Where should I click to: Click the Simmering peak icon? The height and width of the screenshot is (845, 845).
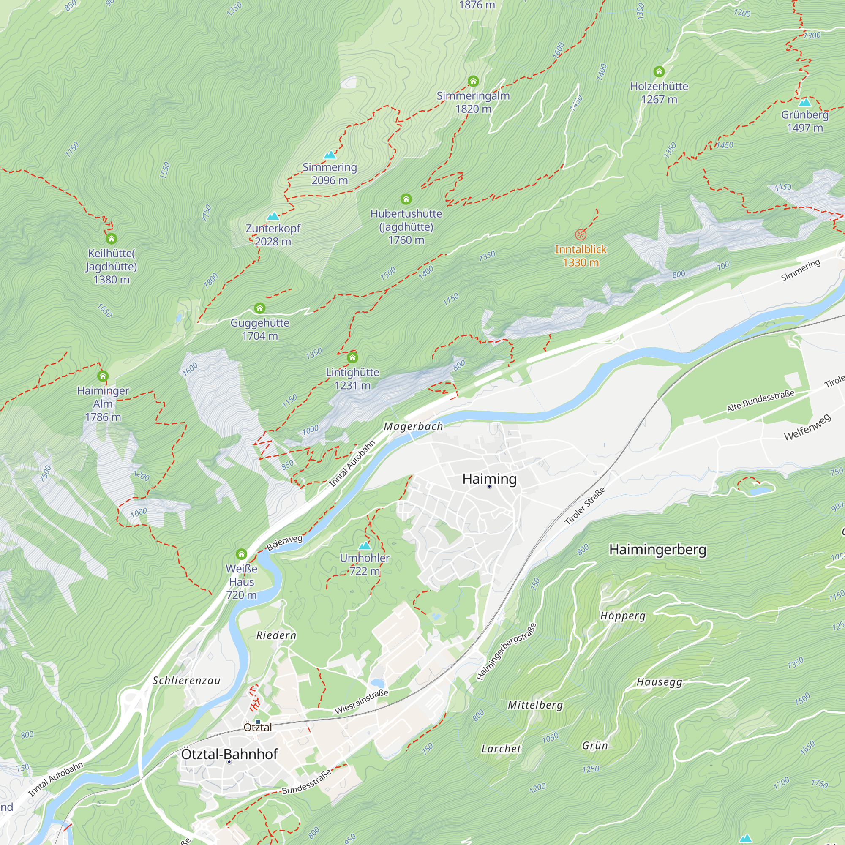pos(330,155)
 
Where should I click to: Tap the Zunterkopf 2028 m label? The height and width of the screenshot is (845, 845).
pos(273,235)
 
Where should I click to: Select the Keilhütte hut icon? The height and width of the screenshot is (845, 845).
pos(112,239)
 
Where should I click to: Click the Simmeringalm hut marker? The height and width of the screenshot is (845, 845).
pos(473,82)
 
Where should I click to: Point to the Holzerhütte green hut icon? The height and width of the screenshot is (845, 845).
pos(659,72)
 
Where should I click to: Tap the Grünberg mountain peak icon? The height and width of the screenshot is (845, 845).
pos(805,103)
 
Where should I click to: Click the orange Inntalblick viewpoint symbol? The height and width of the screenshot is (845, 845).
pos(581,235)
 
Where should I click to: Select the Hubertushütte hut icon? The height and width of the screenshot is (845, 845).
pos(406,199)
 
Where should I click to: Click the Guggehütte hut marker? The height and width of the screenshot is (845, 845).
pos(260,308)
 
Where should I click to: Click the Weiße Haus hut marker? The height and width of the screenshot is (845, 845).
pos(241,555)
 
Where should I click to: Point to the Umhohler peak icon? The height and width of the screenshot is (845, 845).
pos(365,545)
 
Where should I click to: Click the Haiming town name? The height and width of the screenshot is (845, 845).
pos(489,479)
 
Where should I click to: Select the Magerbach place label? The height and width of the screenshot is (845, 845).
pos(413,426)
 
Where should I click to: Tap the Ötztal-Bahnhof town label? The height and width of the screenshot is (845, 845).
pos(229,754)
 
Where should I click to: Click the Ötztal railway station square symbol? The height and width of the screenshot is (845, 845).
pos(258,722)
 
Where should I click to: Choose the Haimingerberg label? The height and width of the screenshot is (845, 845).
pos(657,550)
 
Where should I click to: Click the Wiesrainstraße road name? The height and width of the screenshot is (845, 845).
pos(361,701)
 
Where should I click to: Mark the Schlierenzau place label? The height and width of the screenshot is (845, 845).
pos(186,681)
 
